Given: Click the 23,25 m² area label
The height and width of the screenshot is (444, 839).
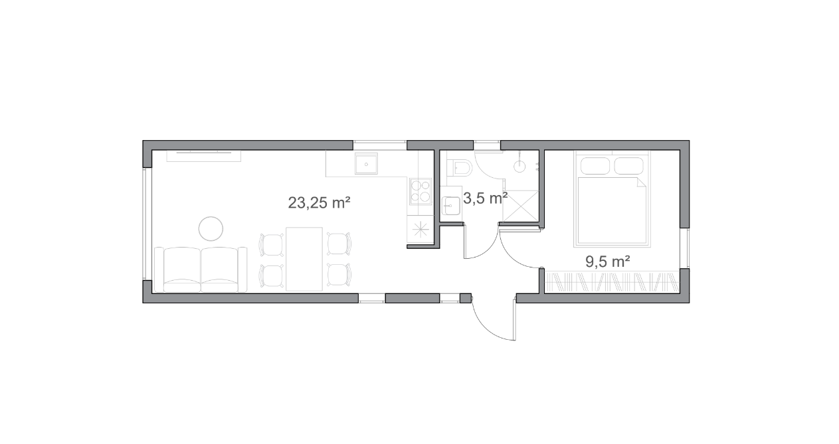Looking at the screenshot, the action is tap(319, 203).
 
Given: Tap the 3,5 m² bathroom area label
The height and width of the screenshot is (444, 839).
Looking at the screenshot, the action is tap(486, 198).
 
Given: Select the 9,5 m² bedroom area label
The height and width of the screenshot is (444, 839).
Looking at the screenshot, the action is tap(608, 262).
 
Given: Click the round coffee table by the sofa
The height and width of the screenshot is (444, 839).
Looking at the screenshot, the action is tap(211, 228).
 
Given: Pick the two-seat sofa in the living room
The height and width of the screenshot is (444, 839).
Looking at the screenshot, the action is tap(201, 269).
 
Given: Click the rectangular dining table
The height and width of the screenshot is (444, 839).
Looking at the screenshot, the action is tap(304, 259).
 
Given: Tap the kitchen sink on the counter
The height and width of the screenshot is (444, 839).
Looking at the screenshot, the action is tap(366, 163).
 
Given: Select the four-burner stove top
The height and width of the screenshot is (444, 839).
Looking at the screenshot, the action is tap(420, 191).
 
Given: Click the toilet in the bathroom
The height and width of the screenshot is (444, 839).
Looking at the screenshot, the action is tap(462, 167).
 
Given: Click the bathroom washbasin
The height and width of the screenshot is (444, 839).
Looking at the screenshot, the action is tap(451, 206).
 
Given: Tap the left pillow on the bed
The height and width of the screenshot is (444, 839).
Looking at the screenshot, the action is tap(595, 166).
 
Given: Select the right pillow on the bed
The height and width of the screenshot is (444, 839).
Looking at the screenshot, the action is tap(629, 166).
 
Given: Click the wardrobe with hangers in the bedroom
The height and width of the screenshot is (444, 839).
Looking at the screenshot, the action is tap(612, 281).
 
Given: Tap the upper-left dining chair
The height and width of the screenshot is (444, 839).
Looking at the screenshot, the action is tap(272, 245).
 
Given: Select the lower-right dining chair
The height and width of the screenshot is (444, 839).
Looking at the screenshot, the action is tap(339, 275).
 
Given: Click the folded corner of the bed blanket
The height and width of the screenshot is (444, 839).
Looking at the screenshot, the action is tap(642, 183).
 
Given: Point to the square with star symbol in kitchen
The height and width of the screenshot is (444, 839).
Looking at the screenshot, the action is tap(420, 229).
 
